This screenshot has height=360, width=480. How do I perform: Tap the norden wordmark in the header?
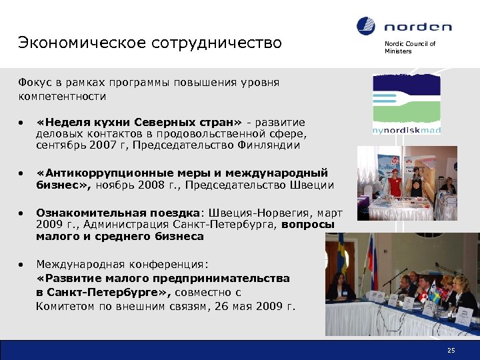417,27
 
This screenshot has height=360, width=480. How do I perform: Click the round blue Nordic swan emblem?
367,27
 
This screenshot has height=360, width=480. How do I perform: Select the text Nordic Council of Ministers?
409,47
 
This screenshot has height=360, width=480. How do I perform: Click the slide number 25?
451,350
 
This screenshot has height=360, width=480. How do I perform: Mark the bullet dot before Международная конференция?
22,265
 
